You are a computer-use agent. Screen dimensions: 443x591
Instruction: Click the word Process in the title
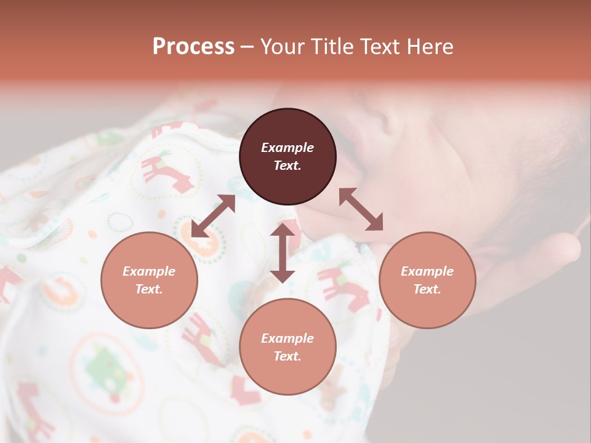193,47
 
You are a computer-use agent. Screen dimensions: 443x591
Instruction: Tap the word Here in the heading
430,47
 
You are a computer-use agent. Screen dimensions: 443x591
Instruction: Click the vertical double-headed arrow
283,253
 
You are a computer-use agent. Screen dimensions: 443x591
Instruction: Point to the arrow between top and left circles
213,216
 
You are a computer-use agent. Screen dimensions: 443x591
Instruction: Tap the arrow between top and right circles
361,209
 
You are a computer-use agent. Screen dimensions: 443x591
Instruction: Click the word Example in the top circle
287,148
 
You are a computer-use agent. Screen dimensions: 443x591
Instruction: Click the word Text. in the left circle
149,289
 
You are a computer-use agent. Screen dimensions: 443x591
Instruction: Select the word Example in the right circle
427,271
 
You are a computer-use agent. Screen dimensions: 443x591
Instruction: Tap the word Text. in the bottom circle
287,356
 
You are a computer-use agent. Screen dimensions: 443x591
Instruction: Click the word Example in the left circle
149,271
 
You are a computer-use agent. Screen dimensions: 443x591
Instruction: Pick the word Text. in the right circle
427,289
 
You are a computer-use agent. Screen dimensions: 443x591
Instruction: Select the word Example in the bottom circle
287,338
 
